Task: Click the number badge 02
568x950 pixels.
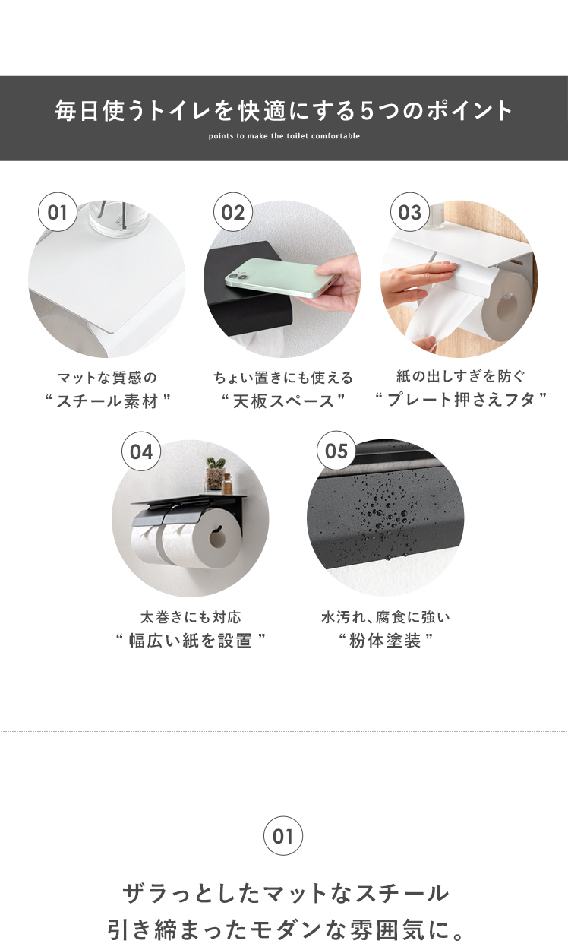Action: coord(232,212)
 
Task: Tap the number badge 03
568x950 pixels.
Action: coord(409,212)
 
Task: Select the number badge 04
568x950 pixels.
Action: coord(141,451)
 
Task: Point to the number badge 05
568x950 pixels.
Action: coord(336,451)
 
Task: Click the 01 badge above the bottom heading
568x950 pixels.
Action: coord(283,836)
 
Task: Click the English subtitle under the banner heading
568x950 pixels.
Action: coord(284,136)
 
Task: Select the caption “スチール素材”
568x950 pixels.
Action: coord(108,401)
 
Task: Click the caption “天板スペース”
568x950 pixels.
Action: coord(283,401)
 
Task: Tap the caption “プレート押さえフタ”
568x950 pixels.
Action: coord(461,399)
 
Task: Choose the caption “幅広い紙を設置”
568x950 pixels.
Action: coord(191,640)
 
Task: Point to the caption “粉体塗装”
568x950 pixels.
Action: coord(385,640)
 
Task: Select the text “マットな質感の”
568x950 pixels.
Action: coord(107,377)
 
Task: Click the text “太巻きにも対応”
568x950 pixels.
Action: coord(191,616)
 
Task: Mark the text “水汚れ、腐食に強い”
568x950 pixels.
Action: coord(386,616)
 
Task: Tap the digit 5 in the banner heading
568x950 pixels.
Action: coord(368,111)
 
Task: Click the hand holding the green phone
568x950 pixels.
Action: coord(337,282)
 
